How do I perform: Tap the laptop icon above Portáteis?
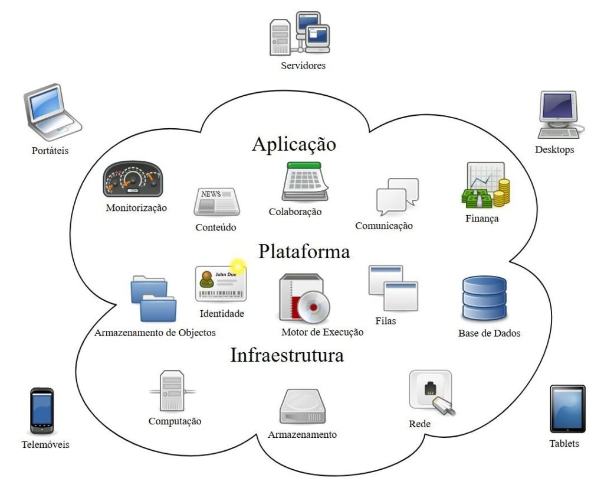tap(51, 113)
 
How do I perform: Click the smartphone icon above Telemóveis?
tap(42, 411)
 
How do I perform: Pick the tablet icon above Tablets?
tap(567, 409)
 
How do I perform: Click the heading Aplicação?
tap(294, 144)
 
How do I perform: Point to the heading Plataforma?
tap(304, 252)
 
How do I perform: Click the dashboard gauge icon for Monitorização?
tap(132, 179)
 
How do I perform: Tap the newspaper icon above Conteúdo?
tap(216, 202)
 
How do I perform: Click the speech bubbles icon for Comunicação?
tap(397, 197)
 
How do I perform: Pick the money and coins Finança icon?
tap(485, 185)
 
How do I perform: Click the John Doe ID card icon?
tap(219, 284)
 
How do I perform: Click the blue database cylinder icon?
tap(484, 299)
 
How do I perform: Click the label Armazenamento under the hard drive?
tap(302, 435)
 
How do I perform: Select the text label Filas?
tap(385, 321)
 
